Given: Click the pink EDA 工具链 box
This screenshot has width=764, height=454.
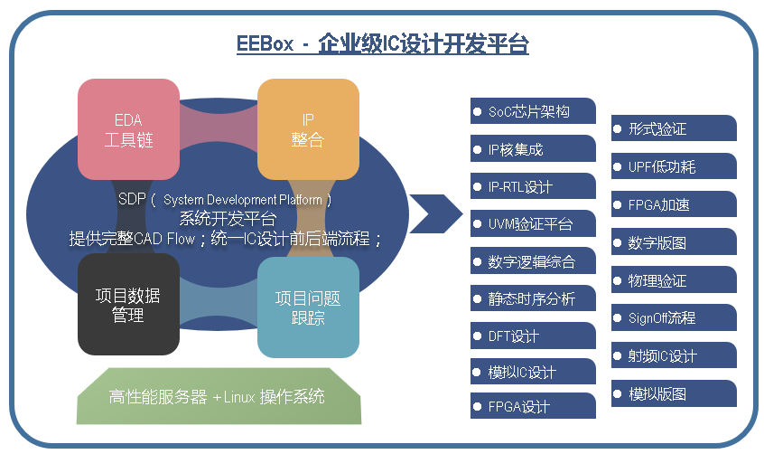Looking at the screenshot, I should coord(127,129).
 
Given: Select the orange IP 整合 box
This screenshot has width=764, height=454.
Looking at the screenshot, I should coord(308,129).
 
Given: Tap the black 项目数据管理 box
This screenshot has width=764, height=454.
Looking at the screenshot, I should coord(127,304).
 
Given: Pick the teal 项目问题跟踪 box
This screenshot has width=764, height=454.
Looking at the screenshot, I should coord(308,307).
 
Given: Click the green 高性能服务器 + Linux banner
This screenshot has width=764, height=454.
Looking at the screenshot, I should coord(217,397).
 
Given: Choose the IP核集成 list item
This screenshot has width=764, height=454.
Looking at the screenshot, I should coord(533,149).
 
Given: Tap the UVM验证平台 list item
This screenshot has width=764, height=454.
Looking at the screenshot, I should coord(533,223).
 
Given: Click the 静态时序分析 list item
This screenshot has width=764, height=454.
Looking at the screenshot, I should coord(533,298).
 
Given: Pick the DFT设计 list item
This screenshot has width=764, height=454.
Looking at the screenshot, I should coord(533,336).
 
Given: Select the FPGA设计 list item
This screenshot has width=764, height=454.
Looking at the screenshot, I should coord(533,406).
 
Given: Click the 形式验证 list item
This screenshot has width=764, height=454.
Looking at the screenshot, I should coord(674,129).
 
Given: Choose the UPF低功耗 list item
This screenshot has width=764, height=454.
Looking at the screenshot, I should coord(674,166).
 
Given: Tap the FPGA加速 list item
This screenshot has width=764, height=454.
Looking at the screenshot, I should coord(674,204).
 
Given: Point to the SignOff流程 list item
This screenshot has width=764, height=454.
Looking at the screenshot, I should coord(674,317).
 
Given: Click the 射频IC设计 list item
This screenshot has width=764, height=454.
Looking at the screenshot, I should coord(674,355).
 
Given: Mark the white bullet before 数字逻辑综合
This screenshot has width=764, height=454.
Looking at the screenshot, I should coord(477,260).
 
